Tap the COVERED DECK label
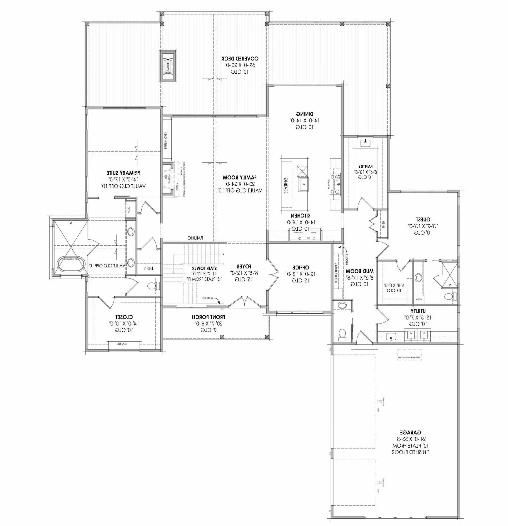pyautogui.click(x=240, y=58)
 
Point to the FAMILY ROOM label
pyautogui.click(x=240, y=177)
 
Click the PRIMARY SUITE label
pyautogui.click(x=123, y=173)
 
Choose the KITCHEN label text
pyautogui.click(x=301, y=215)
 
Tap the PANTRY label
pyautogui.click(x=365, y=166)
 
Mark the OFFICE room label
pyautogui.click(x=301, y=267)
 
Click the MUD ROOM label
pyautogui.click(x=360, y=271)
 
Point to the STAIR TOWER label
pyautogui.click(x=204, y=268)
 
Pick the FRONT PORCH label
pyautogui.click(x=208, y=317)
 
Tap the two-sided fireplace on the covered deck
pyautogui.click(x=168, y=65)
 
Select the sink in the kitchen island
pyautogui.click(x=304, y=184)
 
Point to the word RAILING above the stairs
pyautogui.click(x=195, y=238)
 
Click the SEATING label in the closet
pyautogui.click(x=122, y=344)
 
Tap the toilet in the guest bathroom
pyautogui.click(x=448, y=297)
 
